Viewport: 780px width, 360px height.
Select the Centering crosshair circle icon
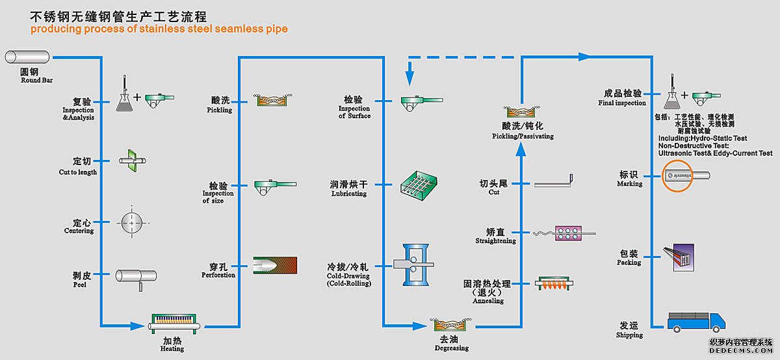(131, 223)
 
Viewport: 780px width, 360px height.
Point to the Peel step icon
(135, 276)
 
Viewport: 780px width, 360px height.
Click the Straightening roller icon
(567, 234)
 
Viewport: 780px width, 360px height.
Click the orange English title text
(159, 29)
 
